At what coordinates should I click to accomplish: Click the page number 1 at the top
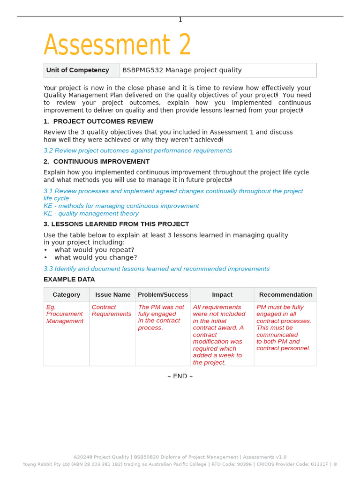pyautogui.click(x=180, y=20)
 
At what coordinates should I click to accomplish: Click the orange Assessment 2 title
pyautogui.click(x=117, y=45)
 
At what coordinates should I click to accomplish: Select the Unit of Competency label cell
pyautogui.click(x=78, y=70)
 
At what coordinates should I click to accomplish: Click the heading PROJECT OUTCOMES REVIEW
pyautogui.click(x=103, y=121)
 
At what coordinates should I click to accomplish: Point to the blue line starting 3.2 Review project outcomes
pyautogui.click(x=138, y=150)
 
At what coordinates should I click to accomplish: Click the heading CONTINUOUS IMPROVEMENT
pyautogui.click(x=101, y=162)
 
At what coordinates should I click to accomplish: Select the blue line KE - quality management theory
pyautogui.click(x=91, y=213)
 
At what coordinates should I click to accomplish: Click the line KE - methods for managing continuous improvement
pyautogui.click(x=121, y=206)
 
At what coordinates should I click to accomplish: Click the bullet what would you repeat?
pyautogui.click(x=94, y=250)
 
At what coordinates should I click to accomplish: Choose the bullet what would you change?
pyautogui.click(x=96, y=257)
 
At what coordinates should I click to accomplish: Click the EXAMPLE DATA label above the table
pyautogui.click(x=69, y=279)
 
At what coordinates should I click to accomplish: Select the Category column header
pyautogui.click(x=66, y=295)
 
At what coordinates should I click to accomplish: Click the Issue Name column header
pyautogui.click(x=112, y=295)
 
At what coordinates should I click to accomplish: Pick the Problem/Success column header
pyautogui.click(x=163, y=295)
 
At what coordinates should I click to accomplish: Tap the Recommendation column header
pyautogui.click(x=285, y=295)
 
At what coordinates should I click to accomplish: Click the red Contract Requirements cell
pyautogui.click(x=111, y=311)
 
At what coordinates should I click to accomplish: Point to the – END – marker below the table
pyautogui.click(x=180, y=376)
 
